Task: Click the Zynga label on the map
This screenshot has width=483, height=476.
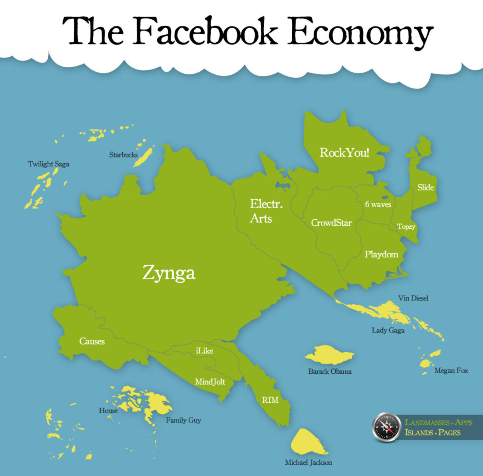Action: pyautogui.click(x=169, y=273)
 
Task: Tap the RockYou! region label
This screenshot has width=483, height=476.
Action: pyautogui.click(x=344, y=153)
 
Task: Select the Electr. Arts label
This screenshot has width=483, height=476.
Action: pyautogui.click(x=266, y=211)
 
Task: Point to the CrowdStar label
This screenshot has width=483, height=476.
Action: pyautogui.click(x=331, y=223)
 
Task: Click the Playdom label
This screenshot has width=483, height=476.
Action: pyautogui.click(x=381, y=254)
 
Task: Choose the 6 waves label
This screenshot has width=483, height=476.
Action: pyautogui.click(x=378, y=204)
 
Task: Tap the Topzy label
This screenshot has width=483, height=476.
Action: pyautogui.click(x=406, y=226)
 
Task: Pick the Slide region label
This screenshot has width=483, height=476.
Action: pyautogui.click(x=425, y=187)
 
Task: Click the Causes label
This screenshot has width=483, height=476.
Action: pyautogui.click(x=92, y=341)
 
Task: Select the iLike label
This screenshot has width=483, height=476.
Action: pyautogui.click(x=204, y=351)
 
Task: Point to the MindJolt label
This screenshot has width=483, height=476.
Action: pyautogui.click(x=210, y=382)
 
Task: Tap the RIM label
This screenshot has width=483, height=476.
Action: pyautogui.click(x=270, y=400)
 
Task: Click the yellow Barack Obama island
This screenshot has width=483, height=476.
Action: pyautogui.click(x=329, y=354)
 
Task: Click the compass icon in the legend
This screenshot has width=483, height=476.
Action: pyautogui.click(x=386, y=427)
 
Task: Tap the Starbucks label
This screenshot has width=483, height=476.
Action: pyautogui.click(x=123, y=154)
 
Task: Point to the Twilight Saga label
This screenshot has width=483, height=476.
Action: pyautogui.click(x=49, y=164)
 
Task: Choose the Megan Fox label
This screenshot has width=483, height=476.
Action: pyautogui.click(x=451, y=370)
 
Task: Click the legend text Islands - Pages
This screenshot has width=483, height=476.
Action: pyautogui.click(x=432, y=432)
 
